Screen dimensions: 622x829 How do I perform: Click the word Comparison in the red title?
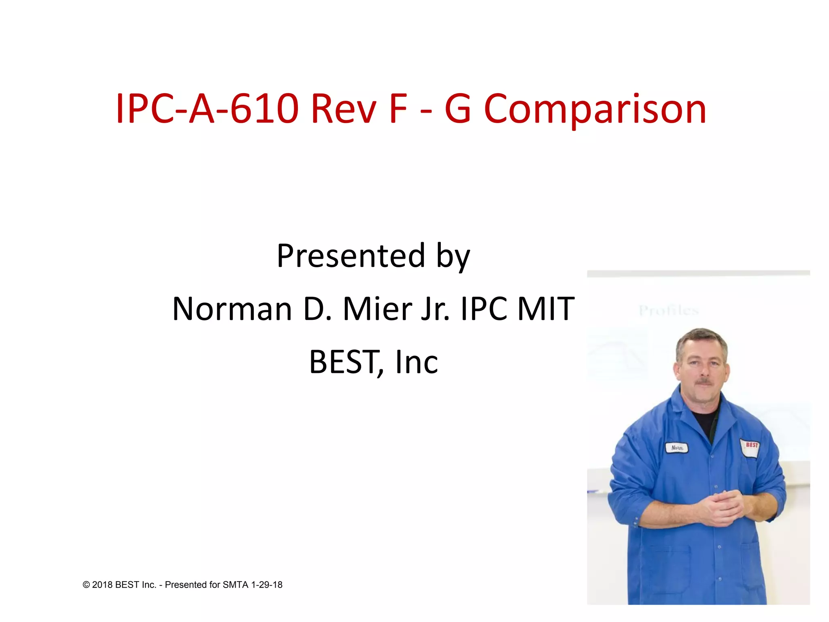coord(595,109)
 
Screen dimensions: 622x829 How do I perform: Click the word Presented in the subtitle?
coord(351,256)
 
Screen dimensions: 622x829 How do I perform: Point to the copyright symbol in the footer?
coord(86,585)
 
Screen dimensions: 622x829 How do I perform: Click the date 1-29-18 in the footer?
coord(267,585)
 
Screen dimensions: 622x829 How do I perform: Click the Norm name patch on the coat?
coord(677,448)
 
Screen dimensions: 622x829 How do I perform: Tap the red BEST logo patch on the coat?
coord(751,446)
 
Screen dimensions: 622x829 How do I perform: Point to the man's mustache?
coord(704,382)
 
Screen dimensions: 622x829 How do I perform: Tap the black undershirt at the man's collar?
coord(705,421)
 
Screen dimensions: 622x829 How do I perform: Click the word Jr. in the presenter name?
coord(436,309)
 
